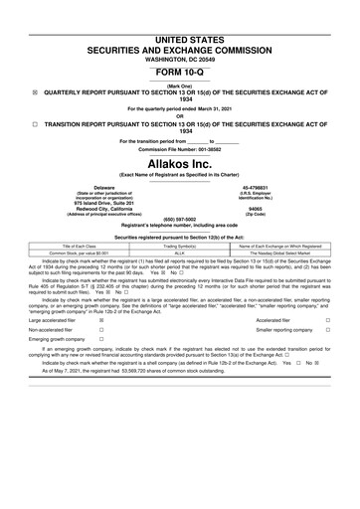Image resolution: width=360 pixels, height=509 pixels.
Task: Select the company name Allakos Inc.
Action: [180, 161]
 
